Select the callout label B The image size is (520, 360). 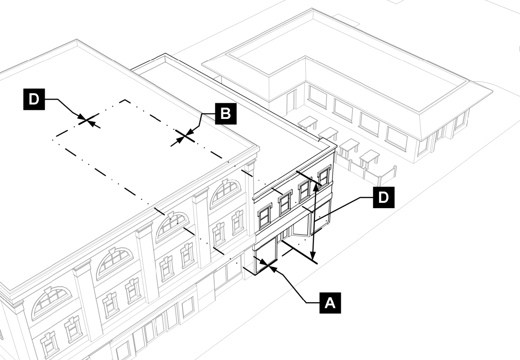coord(225,114)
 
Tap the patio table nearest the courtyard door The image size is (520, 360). coord(307,122)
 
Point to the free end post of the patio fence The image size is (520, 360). coord(394,172)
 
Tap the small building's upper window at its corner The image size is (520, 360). coord(324,176)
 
